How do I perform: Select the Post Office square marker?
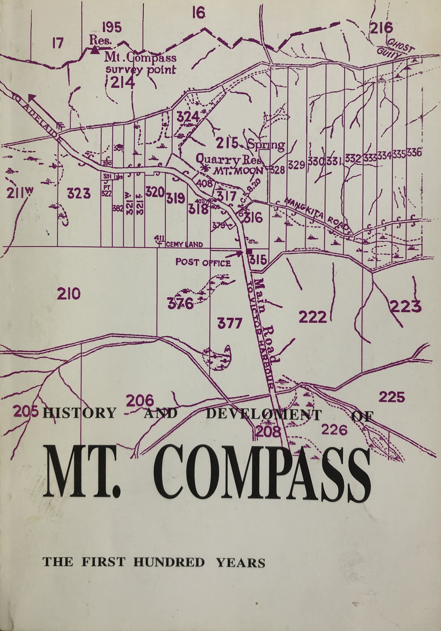click(x=249, y=251)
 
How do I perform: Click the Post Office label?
click(x=203, y=263)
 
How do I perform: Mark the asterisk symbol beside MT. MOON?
click(x=204, y=168)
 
